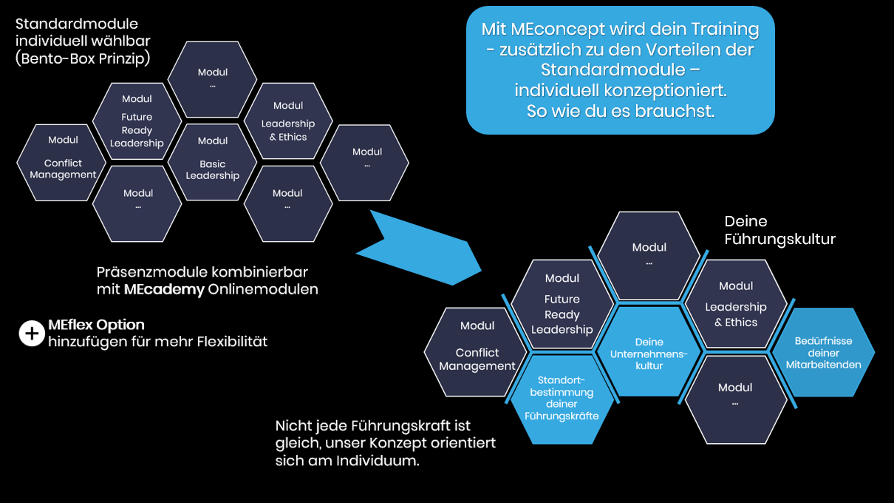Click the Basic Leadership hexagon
[x=213, y=162]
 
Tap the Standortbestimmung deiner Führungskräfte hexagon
[x=562, y=399]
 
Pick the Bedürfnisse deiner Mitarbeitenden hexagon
[x=823, y=353]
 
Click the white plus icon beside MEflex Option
[x=31, y=334]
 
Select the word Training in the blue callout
[x=725, y=30]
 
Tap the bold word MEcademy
[x=164, y=289]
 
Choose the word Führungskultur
[x=779, y=239]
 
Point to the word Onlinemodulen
[x=263, y=289]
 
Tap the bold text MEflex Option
[x=96, y=325]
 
